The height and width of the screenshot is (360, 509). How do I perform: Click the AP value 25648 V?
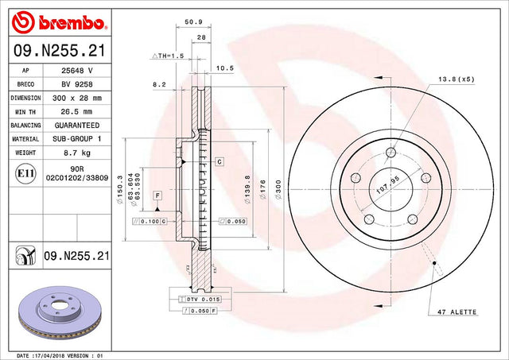(77, 71)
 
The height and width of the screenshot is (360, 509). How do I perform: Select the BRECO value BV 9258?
(77, 84)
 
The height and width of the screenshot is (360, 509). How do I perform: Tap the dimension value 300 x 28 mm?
(77, 98)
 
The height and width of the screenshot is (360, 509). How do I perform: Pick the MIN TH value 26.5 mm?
(76, 111)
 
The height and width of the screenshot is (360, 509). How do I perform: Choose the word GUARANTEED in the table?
(77, 126)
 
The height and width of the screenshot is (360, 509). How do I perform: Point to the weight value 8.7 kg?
(77, 153)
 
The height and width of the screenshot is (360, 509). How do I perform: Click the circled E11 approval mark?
(25, 173)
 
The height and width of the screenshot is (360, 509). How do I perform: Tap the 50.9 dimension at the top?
(193, 22)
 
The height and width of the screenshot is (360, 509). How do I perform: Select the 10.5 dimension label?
(225, 68)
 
